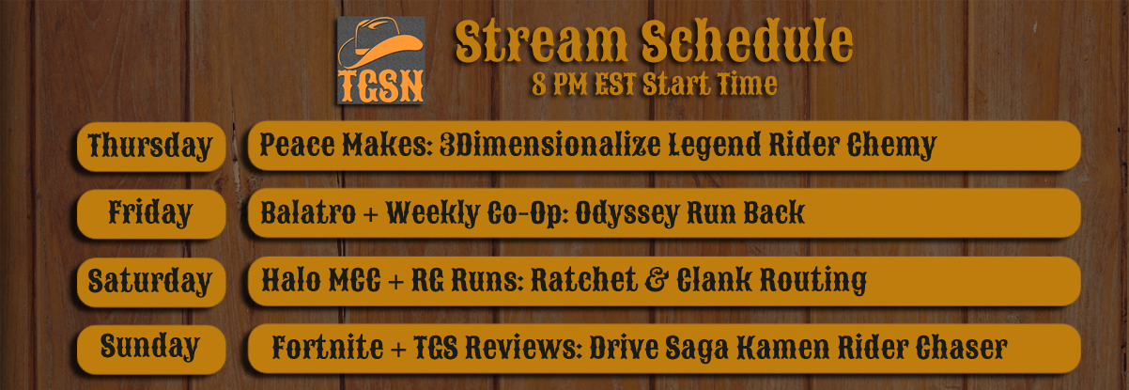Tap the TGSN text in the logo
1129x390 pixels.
coord(381,86)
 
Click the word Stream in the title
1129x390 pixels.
coord(542,41)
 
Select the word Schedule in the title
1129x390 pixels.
coord(747,41)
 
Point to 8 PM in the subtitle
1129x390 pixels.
coord(560,85)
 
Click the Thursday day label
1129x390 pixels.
coord(150,147)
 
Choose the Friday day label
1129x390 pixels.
coord(150,213)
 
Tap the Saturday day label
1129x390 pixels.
coord(149,282)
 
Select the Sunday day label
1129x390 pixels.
coord(150,347)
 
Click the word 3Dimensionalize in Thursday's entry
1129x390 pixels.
coord(549,146)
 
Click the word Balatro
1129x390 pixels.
coord(308,212)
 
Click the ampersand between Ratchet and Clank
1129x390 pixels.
coord(657,280)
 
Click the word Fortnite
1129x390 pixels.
coord(328,347)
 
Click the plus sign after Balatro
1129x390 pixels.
coord(370,214)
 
